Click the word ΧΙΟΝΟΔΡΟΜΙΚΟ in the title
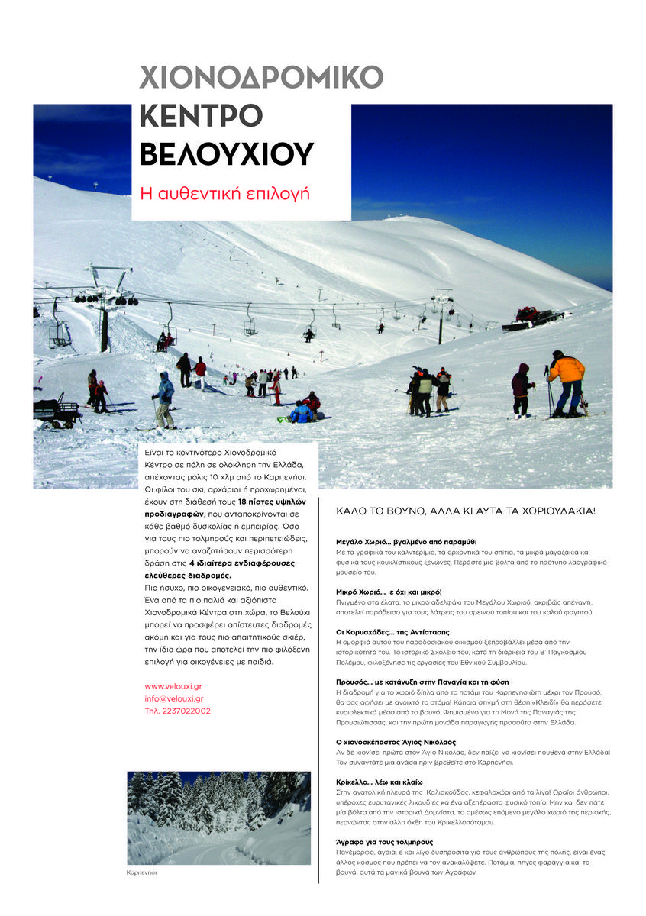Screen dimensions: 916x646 tap(261, 78)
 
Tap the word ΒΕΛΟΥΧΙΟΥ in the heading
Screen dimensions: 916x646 tap(226, 154)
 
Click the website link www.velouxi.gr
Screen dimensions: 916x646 tap(173, 686)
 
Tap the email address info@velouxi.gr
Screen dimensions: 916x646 tap(173, 698)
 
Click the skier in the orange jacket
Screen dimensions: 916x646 tap(567, 382)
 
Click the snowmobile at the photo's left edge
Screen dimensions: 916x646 tap(56, 411)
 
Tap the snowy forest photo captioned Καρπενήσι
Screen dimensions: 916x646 tap(218, 818)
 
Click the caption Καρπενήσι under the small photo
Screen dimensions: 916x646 tap(141, 872)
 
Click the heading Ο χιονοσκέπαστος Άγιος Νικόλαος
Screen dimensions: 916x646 tap(406, 742)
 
